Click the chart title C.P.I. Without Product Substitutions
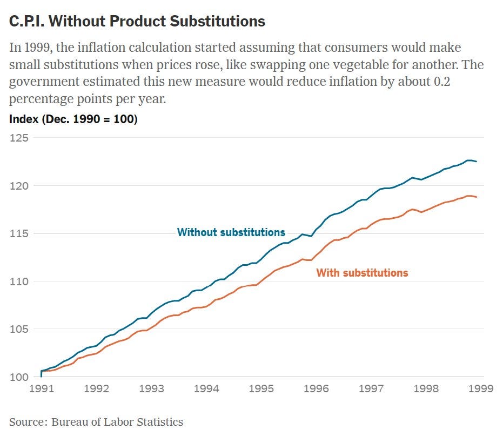click(137, 21)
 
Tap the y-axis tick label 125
click(19, 138)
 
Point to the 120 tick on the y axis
click(19, 186)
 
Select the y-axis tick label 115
click(19, 233)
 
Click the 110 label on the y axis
click(19, 281)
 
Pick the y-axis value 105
click(19, 329)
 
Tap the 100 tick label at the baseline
click(19, 377)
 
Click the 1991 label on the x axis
click(42, 388)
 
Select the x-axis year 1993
click(151, 388)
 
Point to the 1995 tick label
click(261, 388)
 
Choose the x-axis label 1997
click(371, 388)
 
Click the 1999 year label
click(481, 388)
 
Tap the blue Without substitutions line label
click(231, 232)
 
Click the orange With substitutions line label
click(362, 273)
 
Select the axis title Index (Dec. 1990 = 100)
click(73, 119)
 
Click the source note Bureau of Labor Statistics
click(117, 421)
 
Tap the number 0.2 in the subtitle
click(442, 82)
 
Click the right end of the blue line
click(477, 162)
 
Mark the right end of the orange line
click(477, 197)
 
